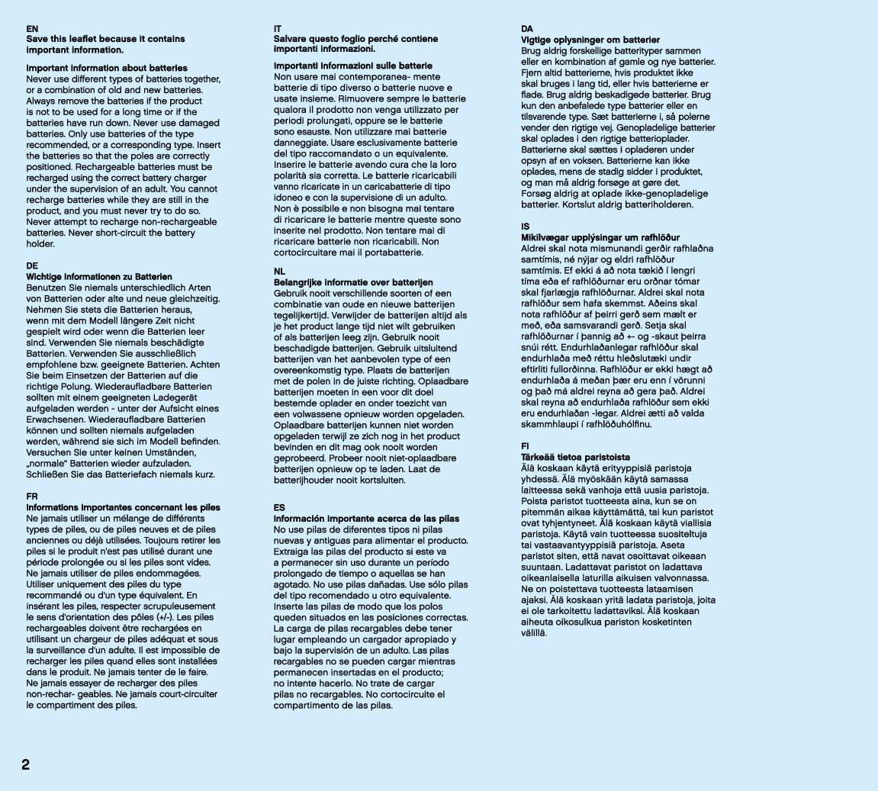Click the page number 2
[x=25, y=765]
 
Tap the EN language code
[x=32, y=29]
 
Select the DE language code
[x=32, y=266]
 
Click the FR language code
[x=32, y=496]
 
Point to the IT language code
[x=278, y=29]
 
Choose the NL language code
[x=279, y=272]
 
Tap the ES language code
[x=279, y=507]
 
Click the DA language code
[x=527, y=29]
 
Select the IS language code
[x=525, y=227]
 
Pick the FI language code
[x=525, y=446]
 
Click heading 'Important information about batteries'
[x=107, y=69]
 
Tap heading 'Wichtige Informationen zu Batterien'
[x=99, y=277]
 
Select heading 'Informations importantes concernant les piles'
[x=123, y=507]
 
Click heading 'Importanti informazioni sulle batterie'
[x=353, y=66]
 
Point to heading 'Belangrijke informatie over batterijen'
[x=353, y=282]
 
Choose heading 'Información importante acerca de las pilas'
[x=366, y=519]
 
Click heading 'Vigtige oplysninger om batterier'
[x=590, y=40]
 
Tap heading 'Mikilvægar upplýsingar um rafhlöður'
[x=600, y=238]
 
